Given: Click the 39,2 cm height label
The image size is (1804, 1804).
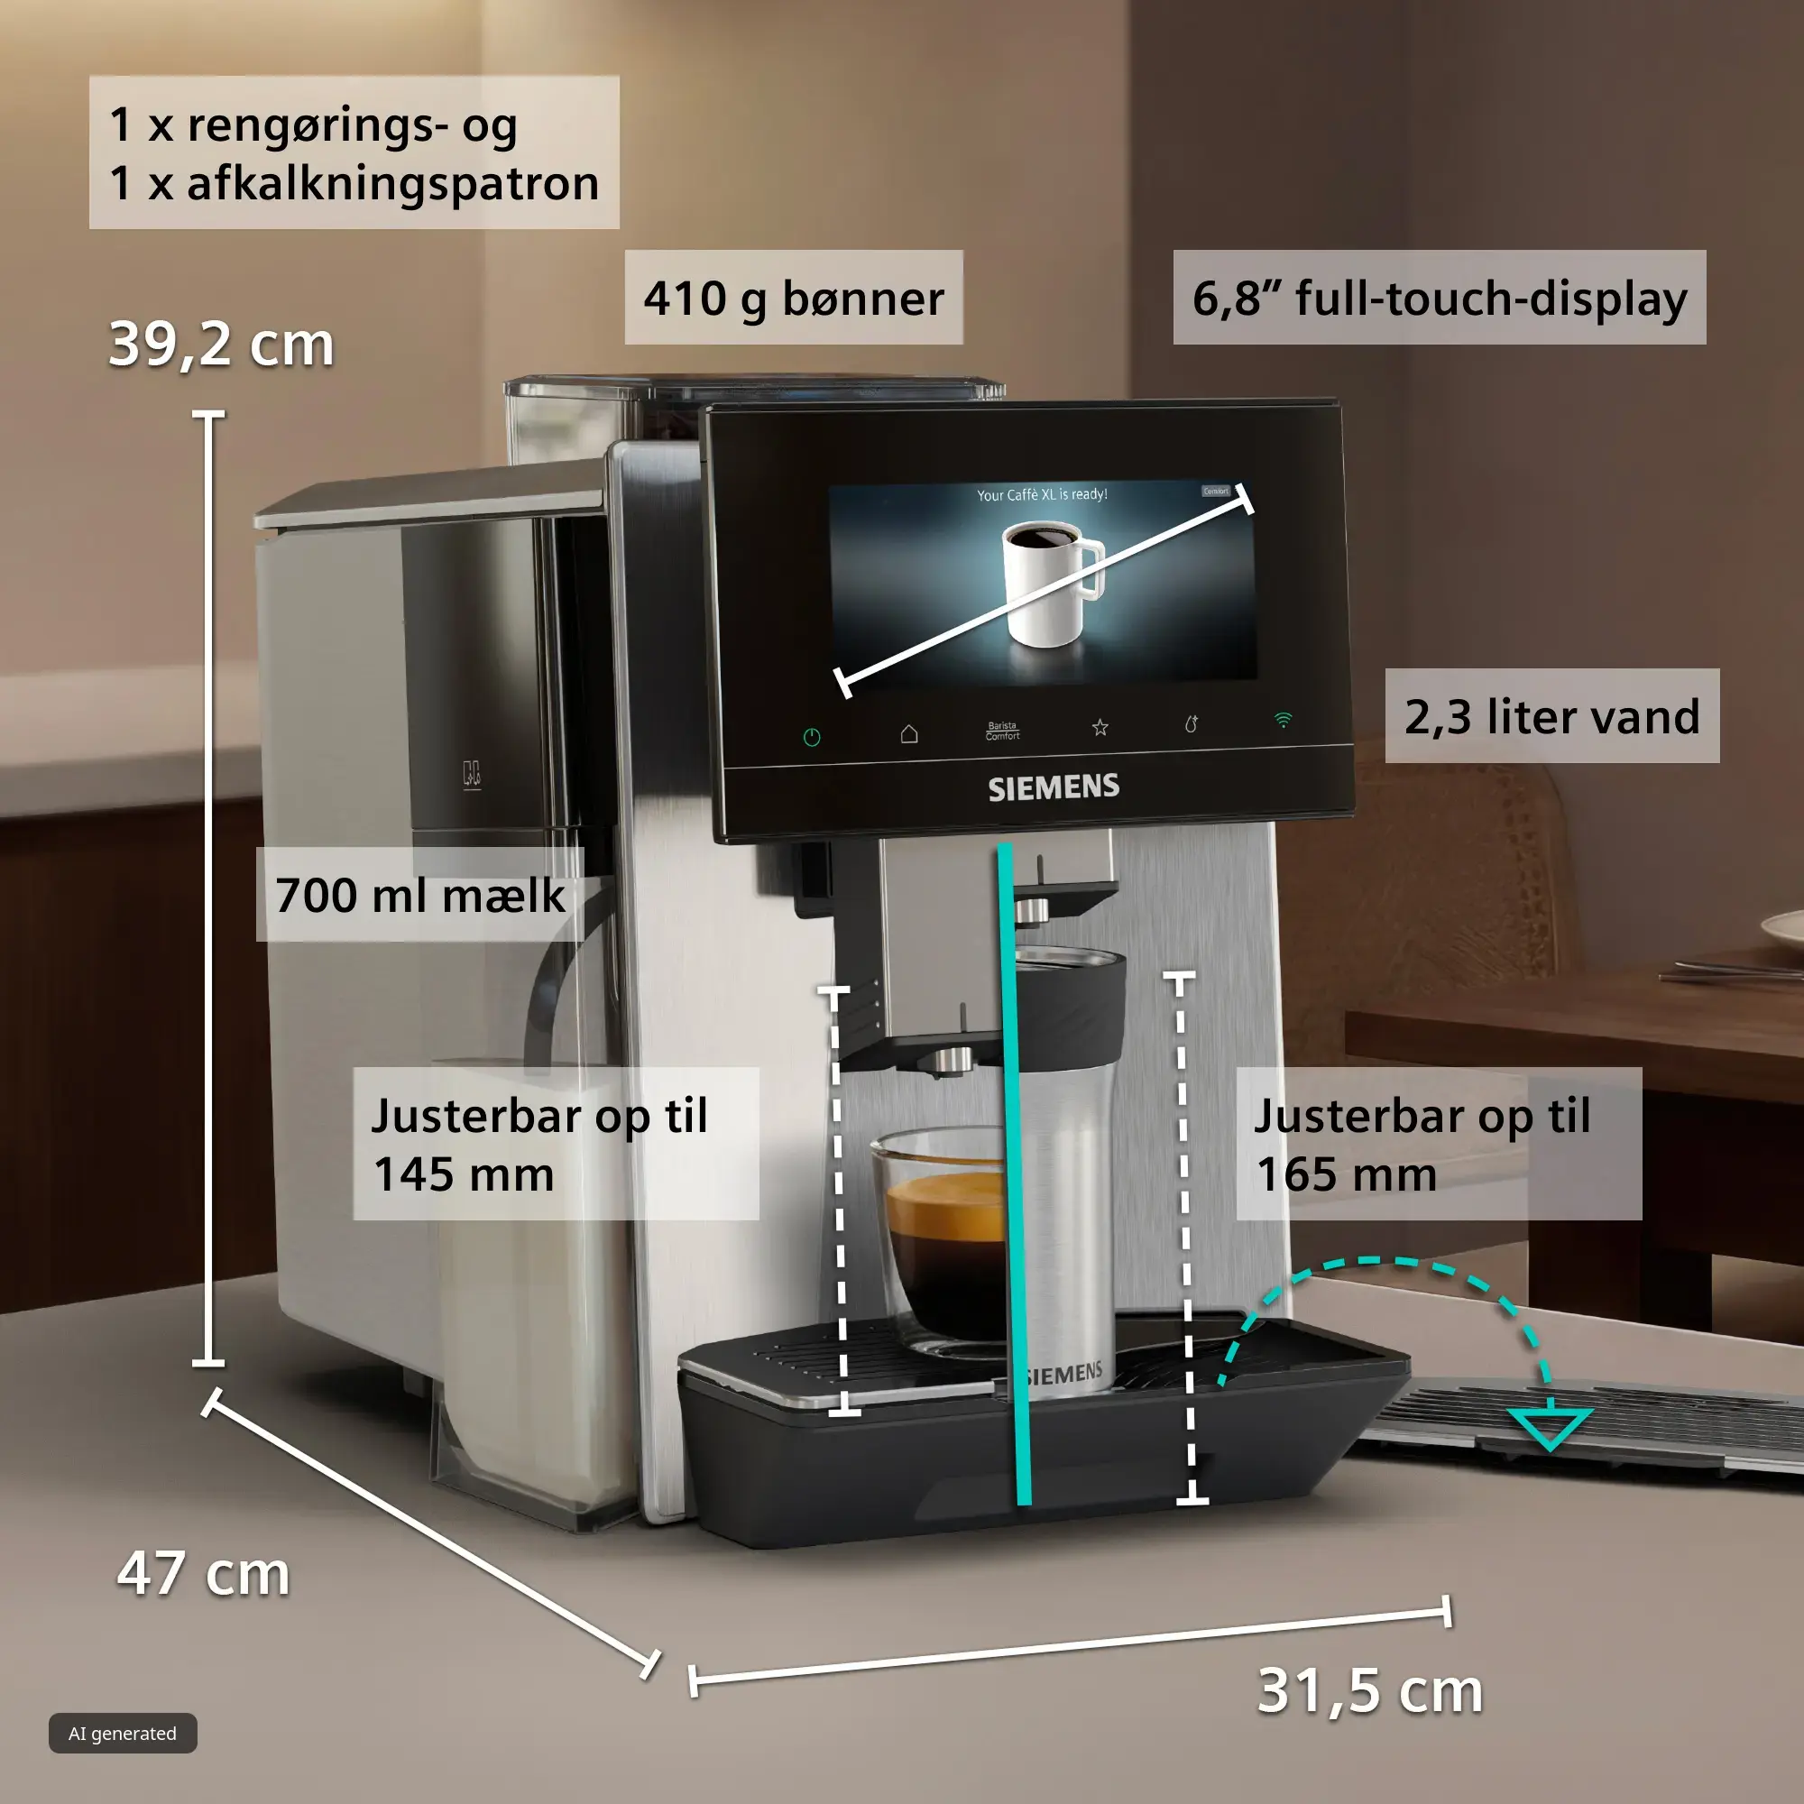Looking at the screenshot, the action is (221, 344).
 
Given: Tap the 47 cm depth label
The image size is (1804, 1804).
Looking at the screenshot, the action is (204, 1573).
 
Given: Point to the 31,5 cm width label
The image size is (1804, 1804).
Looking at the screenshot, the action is (1370, 1691).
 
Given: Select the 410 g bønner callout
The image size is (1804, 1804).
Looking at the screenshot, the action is (794, 298).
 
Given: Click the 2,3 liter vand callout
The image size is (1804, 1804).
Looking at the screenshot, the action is (1551, 716).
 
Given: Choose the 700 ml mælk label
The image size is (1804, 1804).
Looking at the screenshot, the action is (420, 895).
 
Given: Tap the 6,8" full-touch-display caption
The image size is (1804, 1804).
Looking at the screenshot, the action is (1439, 298).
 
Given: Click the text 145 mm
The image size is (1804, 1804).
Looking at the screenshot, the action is (463, 1174).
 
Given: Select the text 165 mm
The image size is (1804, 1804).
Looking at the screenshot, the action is (1347, 1174).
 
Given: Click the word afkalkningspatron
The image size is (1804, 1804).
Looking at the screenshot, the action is (393, 183).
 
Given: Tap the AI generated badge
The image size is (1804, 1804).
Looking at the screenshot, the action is (123, 1733).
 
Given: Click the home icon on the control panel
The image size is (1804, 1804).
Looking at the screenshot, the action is (908, 734).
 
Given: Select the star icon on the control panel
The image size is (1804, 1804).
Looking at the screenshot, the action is (1100, 726).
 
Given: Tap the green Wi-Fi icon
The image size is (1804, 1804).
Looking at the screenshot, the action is (1284, 719).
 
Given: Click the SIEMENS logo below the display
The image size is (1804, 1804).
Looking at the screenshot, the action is (1054, 787).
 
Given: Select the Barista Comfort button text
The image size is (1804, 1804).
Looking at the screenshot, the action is (1002, 731).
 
